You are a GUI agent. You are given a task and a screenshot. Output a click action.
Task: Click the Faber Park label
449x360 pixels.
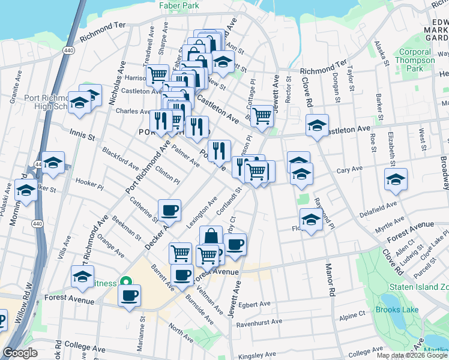click(x=178, y=5)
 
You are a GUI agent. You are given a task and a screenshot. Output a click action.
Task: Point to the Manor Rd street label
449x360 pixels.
click(x=329, y=280)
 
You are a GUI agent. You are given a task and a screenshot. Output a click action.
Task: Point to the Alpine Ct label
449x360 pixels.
click(x=352, y=314)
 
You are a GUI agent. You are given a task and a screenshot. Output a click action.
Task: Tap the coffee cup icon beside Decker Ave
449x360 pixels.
click(x=169, y=211)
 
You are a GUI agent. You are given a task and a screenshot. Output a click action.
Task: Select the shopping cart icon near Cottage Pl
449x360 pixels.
click(x=262, y=115)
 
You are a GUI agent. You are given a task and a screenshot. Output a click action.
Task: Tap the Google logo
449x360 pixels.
click(x=20, y=353)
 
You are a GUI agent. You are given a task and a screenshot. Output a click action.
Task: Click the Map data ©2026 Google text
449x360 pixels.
click(x=412, y=355)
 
